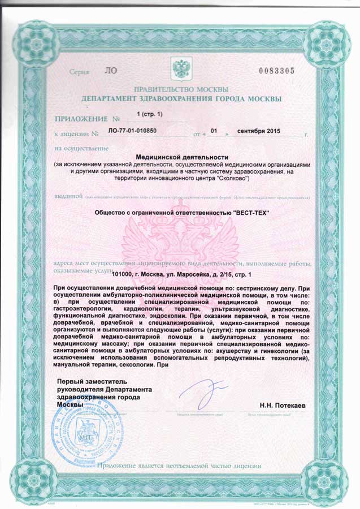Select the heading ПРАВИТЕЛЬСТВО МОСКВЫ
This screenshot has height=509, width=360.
click(x=181, y=90)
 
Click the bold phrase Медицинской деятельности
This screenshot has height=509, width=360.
click(x=181, y=157)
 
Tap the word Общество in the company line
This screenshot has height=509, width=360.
click(x=112, y=213)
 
